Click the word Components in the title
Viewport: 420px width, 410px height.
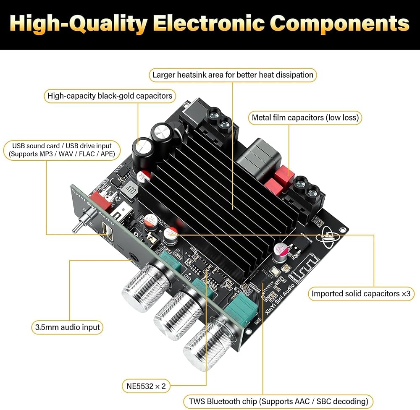[339, 24]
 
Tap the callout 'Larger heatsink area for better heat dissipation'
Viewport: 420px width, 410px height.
[233, 75]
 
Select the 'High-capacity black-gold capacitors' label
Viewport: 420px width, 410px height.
[110, 96]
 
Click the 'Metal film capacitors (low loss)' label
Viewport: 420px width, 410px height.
[305, 118]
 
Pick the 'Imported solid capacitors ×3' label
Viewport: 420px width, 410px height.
[361, 294]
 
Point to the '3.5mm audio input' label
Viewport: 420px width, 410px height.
[67, 327]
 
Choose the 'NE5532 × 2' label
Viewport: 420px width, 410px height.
[146, 386]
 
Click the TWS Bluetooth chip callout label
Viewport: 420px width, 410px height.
[278, 402]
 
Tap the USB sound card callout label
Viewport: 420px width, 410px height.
[62, 150]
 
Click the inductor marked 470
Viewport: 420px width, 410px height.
[130, 190]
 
